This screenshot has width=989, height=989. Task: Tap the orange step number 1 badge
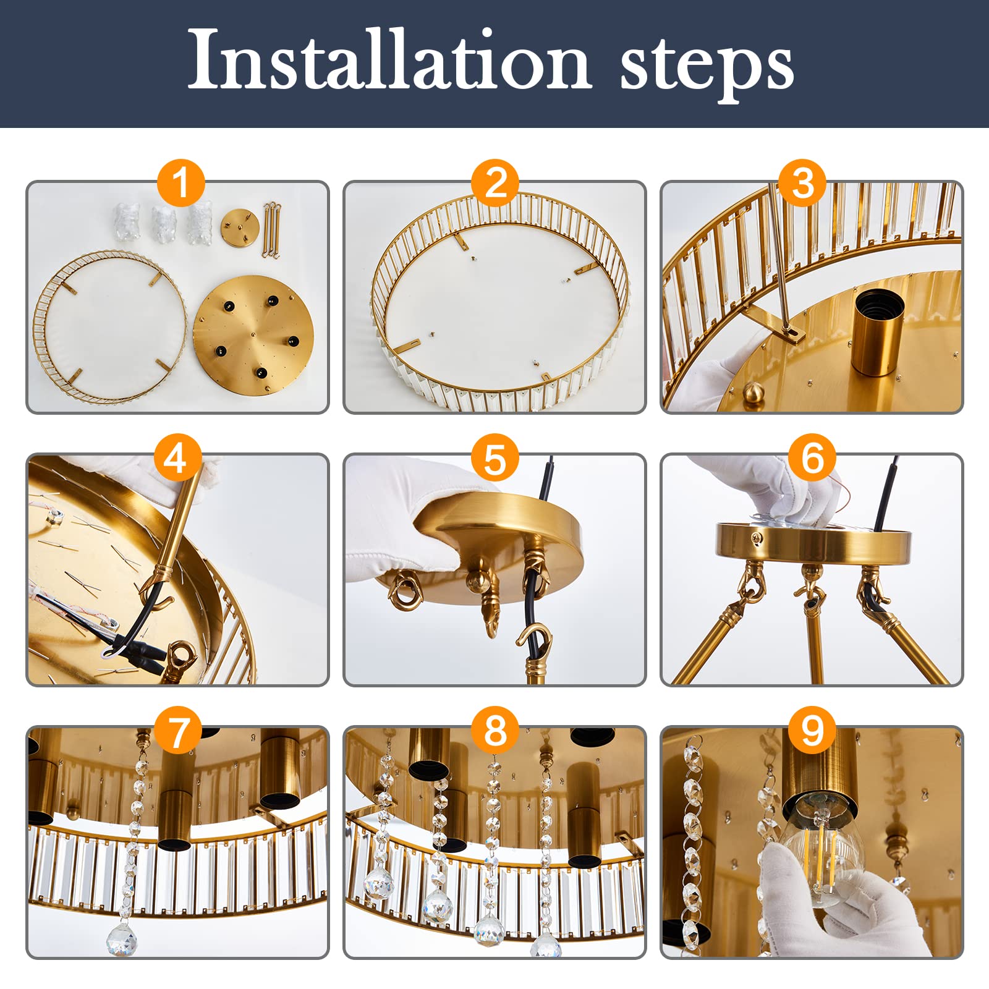coord(180,183)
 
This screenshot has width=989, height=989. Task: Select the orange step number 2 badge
coord(495,183)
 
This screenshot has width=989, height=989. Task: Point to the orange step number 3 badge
coord(803,183)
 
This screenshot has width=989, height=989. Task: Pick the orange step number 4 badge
coord(176,459)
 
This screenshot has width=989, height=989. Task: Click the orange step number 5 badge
coord(495,459)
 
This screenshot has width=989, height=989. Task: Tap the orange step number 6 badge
coord(813,459)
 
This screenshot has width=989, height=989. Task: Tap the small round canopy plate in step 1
coord(239,227)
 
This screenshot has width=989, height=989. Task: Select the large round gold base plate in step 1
coord(253,337)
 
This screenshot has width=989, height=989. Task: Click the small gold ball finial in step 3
coord(753,393)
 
